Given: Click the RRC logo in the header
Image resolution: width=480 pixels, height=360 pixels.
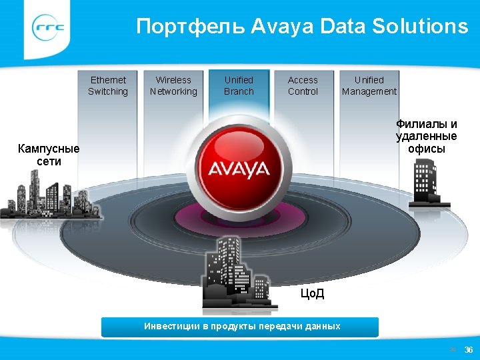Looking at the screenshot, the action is [x=49, y=28].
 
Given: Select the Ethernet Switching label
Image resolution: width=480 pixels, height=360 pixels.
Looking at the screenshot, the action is [x=108, y=86].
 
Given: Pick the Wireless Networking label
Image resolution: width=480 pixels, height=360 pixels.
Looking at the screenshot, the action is [x=173, y=86].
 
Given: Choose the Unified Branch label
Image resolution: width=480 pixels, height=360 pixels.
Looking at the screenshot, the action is [x=239, y=86].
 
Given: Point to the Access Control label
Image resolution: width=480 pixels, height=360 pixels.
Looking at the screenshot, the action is [x=303, y=86].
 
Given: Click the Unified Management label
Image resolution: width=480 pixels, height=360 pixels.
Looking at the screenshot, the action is [x=369, y=86].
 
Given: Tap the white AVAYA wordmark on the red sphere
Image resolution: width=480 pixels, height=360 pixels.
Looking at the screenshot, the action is [x=239, y=168].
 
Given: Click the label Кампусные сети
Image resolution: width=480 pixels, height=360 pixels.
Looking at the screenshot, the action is [x=49, y=155].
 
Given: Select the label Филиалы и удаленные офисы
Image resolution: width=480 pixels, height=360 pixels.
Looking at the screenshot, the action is [x=427, y=136].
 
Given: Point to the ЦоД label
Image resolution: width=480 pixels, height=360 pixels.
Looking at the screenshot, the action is [x=311, y=293].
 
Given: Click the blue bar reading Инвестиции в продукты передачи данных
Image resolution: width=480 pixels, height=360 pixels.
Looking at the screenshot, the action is [x=240, y=327].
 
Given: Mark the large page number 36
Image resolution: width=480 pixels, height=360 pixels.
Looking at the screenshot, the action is [x=468, y=350].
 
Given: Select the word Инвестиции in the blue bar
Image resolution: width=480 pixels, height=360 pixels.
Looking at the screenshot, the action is [x=171, y=327].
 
